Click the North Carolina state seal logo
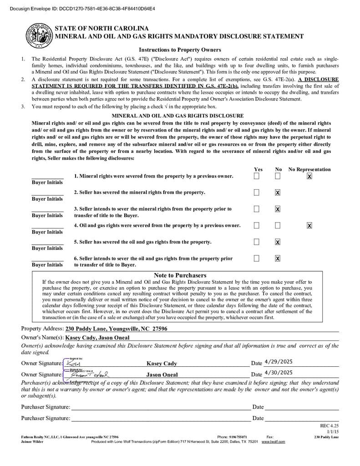(39, 35)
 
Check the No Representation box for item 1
(309, 176)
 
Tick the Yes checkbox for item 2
(257, 192)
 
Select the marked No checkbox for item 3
(278, 209)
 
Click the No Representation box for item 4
(309, 225)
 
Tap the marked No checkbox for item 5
(278, 242)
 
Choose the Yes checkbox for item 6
(257, 258)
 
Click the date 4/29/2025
(278, 362)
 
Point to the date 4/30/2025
(278, 373)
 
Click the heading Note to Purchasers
(180, 275)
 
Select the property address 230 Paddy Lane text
(116, 329)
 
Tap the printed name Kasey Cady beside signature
(162, 364)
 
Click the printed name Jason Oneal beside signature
(162, 375)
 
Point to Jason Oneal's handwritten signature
(91, 375)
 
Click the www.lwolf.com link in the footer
(273, 441)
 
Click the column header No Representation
(309, 169)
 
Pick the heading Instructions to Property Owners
(180, 50)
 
